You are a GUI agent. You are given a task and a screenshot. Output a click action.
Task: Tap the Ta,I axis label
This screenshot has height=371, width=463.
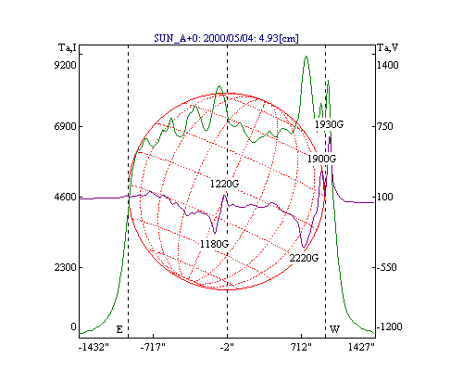pyautogui.click(x=68, y=47)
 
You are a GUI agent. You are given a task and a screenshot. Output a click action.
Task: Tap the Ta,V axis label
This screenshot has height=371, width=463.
pyautogui.click(x=388, y=47)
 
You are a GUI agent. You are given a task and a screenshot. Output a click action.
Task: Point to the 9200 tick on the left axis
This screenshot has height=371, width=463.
pyautogui.click(x=65, y=65)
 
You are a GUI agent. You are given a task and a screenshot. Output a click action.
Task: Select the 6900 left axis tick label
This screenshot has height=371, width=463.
pyautogui.click(x=65, y=126)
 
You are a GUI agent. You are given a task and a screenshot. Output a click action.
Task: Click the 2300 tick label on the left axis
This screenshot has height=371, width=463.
pyautogui.click(x=65, y=267)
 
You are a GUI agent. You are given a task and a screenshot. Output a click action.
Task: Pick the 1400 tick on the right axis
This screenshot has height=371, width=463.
pyautogui.click(x=388, y=65)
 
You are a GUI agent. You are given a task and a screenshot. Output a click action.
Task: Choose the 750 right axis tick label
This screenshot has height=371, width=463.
pyautogui.click(x=384, y=126)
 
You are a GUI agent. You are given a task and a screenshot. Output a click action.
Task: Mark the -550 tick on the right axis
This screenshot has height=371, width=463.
pyautogui.click(x=386, y=267)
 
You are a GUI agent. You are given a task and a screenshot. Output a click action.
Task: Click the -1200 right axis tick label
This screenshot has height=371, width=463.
pyautogui.click(x=389, y=326)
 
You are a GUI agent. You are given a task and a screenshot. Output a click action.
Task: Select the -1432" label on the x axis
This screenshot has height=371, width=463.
pyautogui.click(x=94, y=348)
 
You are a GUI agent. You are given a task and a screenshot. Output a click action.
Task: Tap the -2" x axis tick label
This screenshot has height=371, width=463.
pyautogui.click(x=227, y=348)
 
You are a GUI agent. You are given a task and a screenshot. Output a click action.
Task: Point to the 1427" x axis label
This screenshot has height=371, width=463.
pyautogui.click(x=361, y=348)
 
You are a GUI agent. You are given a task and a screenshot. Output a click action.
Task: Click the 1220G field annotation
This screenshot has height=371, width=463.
pyautogui.click(x=224, y=184)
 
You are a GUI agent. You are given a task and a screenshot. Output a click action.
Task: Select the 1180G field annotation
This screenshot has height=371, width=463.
pyautogui.click(x=214, y=244)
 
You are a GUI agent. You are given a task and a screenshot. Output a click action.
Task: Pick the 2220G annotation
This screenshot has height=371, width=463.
pyautogui.click(x=304, y=258)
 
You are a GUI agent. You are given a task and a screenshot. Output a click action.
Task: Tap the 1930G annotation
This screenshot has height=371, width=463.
pyautogui.click(x=329, y=124)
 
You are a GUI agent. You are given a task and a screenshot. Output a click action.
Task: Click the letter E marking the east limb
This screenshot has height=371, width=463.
pyautogui.click(x=119, y=329)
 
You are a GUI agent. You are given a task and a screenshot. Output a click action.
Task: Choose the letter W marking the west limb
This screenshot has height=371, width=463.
pyautogui.click(x=335, y=329)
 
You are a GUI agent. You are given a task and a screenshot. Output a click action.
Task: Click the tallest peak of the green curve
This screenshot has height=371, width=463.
pyautogui.click(x=306, y=57)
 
